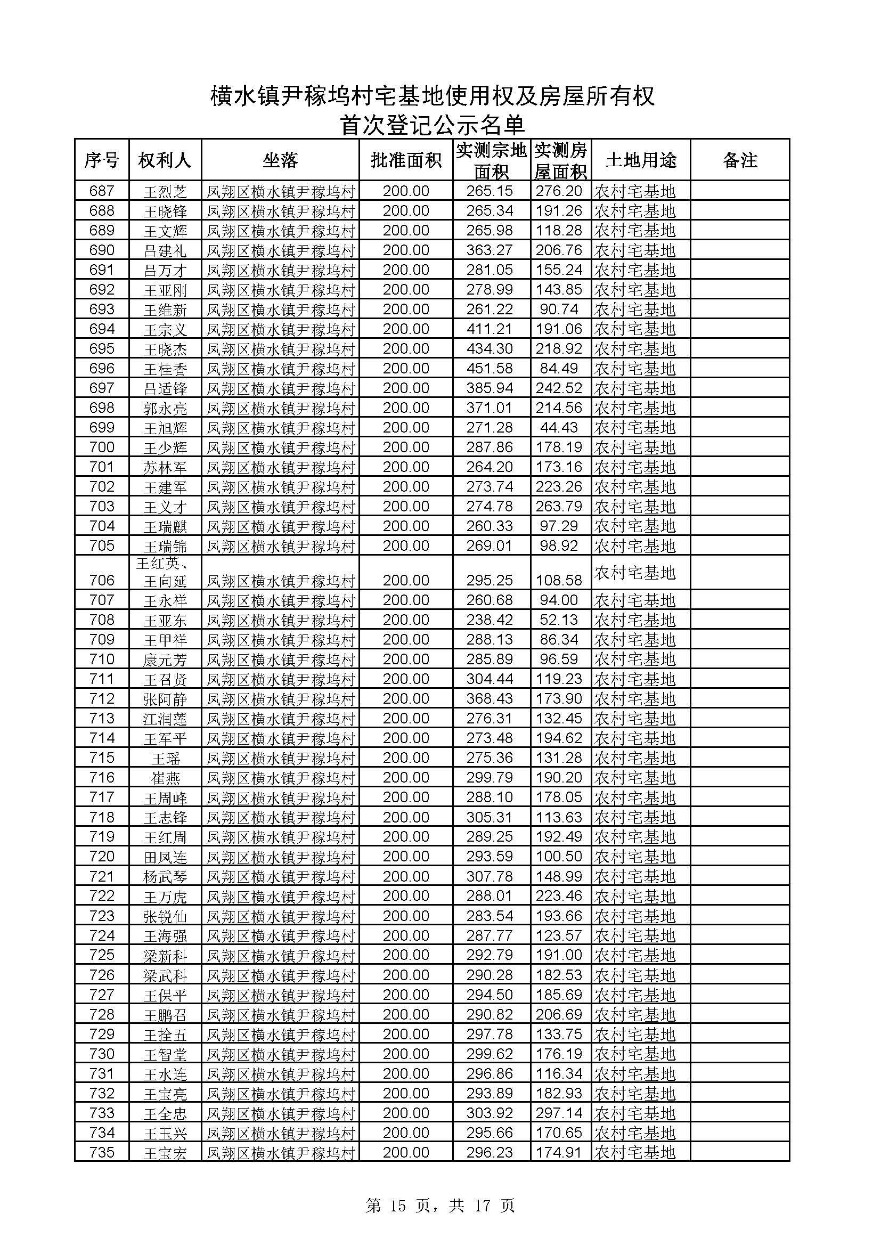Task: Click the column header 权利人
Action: coord(165,160)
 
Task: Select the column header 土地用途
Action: coord(641,160)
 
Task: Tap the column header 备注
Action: coord(739,160)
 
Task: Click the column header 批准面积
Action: coord(406,160)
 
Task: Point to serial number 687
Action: coord(102,191)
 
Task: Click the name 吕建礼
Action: coord(165,251)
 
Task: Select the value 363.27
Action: coord(490,250)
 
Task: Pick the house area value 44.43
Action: coord(559,428)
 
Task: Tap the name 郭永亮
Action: coord(165,408)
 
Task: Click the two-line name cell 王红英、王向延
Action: coord(165,573)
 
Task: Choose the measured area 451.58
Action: coord(490,369)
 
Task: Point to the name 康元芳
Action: coord(165,659)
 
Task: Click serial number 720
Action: coord(102,857)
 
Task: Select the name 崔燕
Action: coord(165,778)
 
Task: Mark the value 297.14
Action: coord(559,1113)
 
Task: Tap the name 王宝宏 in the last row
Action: coord(165,1153)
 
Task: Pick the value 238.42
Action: coord(490,620)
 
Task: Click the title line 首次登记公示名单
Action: coord(433,125)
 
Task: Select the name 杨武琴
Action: coord(165,876)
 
